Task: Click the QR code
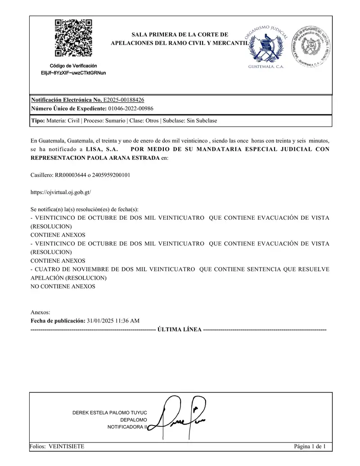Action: [73, 38]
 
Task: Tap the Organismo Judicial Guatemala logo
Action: [266, 47]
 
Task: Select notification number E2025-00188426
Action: [124, 100]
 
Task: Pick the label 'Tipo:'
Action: [38, 121]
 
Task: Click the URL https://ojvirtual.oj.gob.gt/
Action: [61, 192]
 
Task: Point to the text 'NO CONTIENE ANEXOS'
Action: [63, 286]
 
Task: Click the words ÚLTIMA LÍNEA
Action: [180, 330]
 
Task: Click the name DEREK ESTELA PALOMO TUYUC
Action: [110, 412]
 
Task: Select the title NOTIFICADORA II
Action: [127, 426]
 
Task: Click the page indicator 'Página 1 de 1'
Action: [310, 446]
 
